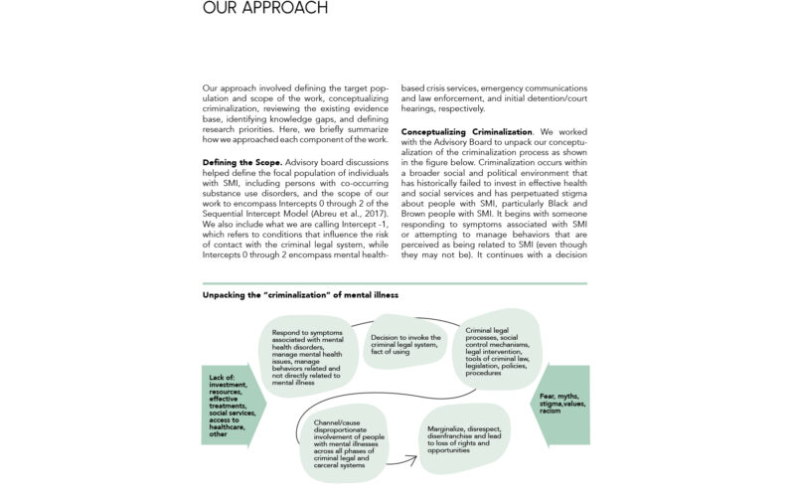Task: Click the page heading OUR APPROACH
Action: [264, 9]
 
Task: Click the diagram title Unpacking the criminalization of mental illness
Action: [301, 295]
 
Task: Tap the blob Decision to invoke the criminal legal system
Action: [405, 343]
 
